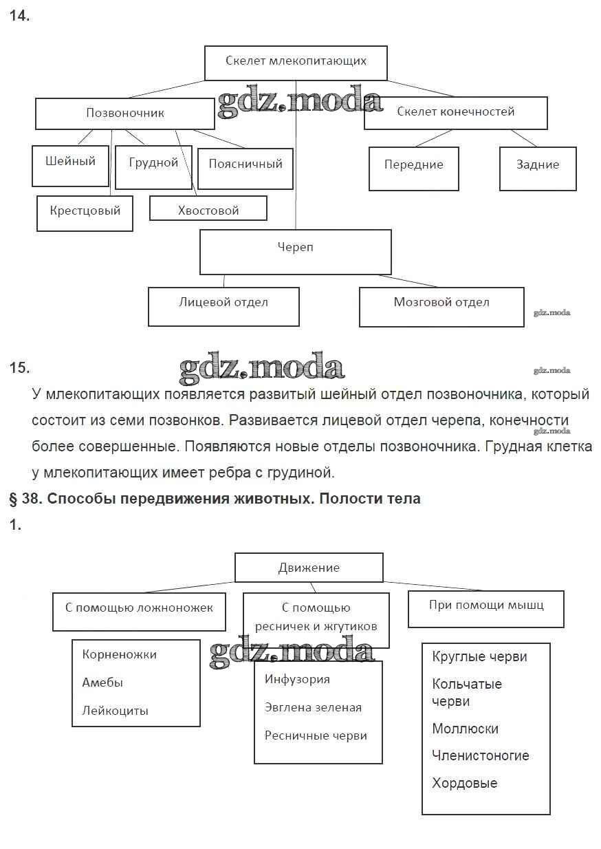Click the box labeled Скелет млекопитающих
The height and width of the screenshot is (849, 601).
coord(296,63)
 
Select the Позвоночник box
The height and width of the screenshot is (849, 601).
coord(124,114)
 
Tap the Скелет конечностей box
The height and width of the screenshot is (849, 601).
coord(455,113)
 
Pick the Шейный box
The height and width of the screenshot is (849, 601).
coord(70,165)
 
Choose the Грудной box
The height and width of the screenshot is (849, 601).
coord(153,167)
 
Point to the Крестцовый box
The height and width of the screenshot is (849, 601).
coord(85,213)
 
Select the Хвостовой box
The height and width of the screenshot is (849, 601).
coord(208,208)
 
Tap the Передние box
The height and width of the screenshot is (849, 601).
coord(413,168)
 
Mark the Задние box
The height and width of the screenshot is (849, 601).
coord(537,168)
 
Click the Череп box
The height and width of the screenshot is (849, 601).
coord(295,252)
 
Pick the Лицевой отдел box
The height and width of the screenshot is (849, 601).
coord(223,306)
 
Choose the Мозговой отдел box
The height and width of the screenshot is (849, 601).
coord(441,306)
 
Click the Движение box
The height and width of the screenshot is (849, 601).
coord(309,568)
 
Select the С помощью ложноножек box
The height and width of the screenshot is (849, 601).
coord(139,611)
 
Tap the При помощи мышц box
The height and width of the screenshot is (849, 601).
coord(485,608)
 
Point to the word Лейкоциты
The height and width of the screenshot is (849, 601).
coord(115,711)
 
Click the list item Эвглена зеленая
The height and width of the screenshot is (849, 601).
coord(313,707)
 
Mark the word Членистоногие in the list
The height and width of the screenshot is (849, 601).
coord(480,755)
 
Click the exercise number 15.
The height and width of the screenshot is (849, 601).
coord(19,367)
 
